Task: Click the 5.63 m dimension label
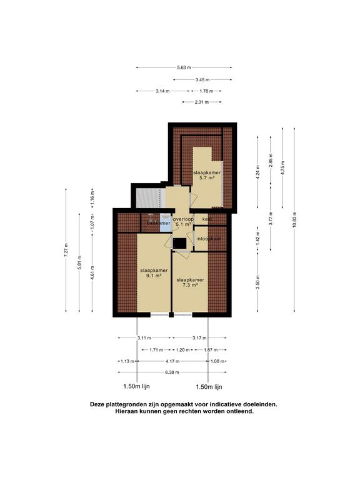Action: (184, 67)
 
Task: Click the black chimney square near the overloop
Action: (179, 243)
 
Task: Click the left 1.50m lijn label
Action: (137, 387)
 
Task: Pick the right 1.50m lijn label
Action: (209, 387)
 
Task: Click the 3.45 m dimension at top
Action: (202, 80)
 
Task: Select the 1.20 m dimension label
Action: (181, 350)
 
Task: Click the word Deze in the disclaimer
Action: (99, 404)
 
